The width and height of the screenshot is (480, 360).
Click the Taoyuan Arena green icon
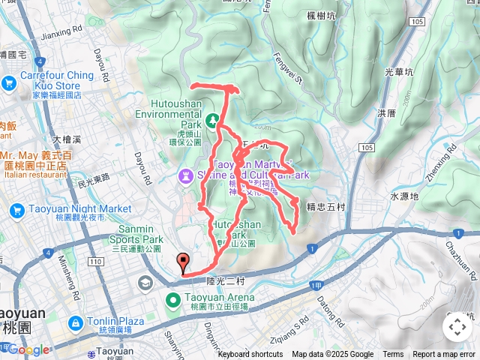tap(172, 301)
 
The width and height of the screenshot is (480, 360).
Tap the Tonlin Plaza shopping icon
tap(74, 323)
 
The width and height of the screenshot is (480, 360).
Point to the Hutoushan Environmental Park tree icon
tap(213, 118)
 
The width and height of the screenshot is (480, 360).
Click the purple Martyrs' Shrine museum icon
tap(184, 175)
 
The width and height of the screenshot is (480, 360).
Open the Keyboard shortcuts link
tap(250, 355)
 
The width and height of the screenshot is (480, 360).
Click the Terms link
tap(393, 355)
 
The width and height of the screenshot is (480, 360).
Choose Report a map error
tap(445, 355)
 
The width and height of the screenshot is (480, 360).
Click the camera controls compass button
tap(457, 326)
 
